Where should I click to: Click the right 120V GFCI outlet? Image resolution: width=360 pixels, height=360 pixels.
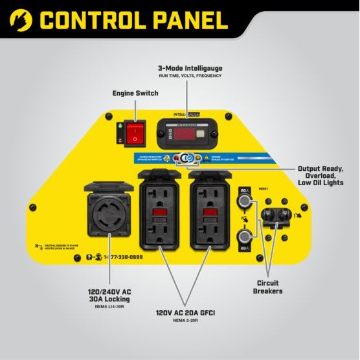point(210,210)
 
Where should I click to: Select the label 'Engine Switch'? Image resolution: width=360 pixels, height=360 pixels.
point(135,93)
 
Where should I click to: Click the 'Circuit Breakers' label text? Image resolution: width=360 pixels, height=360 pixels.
point(269,287)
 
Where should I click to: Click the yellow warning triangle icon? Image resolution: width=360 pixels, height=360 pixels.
point(206,158)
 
